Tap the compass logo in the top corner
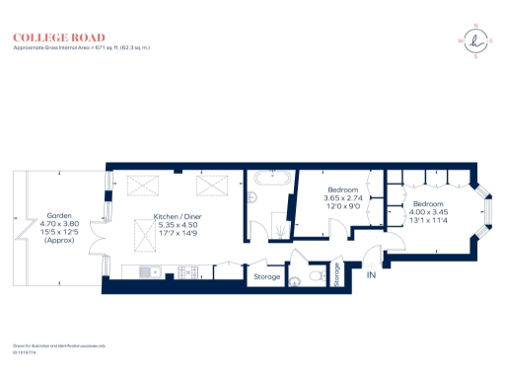pyautogui.click(x=476, y=40)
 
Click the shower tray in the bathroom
pyautogui.click(x=281, y=227)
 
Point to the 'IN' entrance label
pyautogui.click(x=372, y=275)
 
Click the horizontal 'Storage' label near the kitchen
pyautogui.click(x=267, y=277)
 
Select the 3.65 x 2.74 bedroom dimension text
pyautogui.click(x=343, y=198)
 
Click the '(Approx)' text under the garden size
pyautogui.click(x=58, y=240)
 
